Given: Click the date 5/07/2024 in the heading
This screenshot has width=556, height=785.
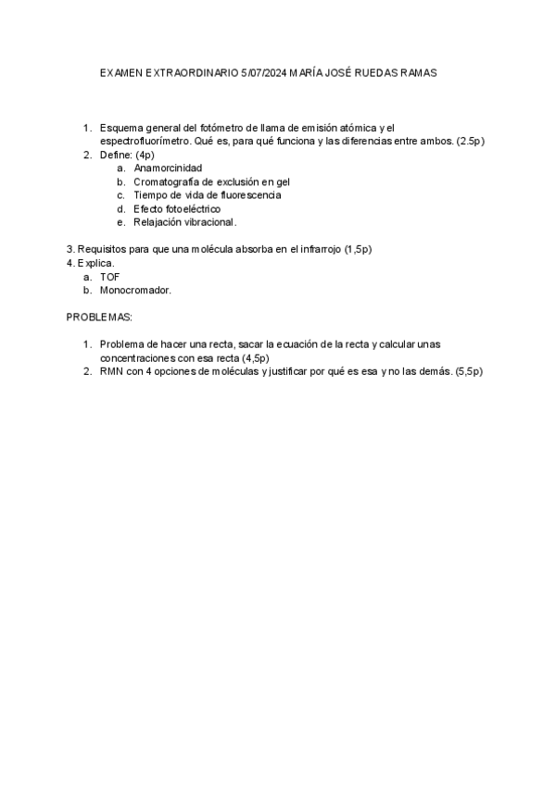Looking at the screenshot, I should pos(262,72).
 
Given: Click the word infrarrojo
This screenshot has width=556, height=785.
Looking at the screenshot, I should pos(313,249).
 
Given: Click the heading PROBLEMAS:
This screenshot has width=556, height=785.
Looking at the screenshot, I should pos(99,318).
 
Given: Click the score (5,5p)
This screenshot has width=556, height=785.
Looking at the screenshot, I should pos(470,371).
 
